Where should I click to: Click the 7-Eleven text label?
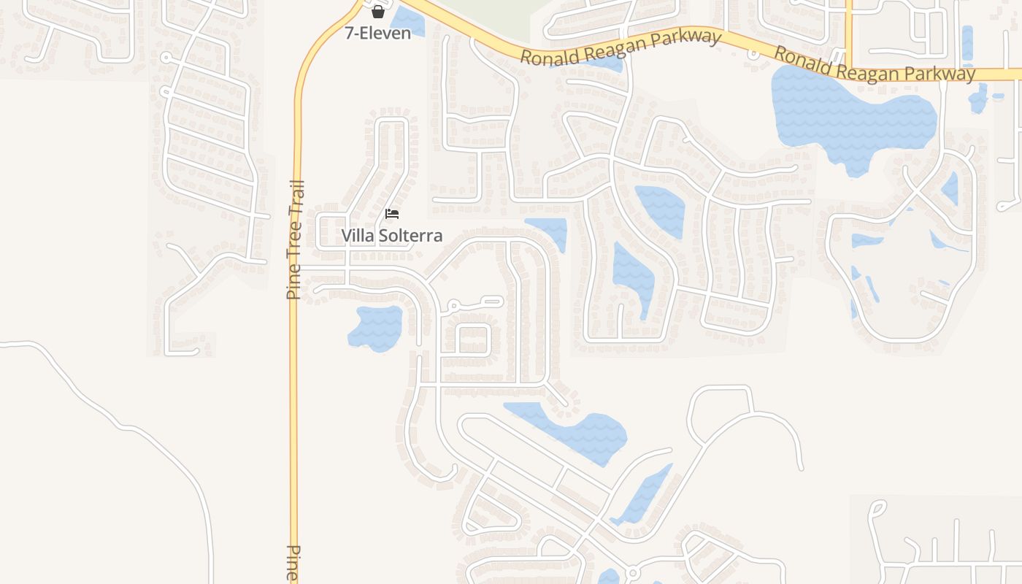[x=377, y=33]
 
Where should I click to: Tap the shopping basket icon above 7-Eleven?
[x=377, y=12]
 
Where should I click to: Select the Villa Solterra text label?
[x=392, y=236]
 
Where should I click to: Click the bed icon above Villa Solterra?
[x=392, y=214]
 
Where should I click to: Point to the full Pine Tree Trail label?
[x=295, y=239]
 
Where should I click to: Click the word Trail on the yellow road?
[x=296, y=199]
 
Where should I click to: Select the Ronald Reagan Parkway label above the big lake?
[x=874, y=65]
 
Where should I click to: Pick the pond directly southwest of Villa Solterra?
[x=376, y=326]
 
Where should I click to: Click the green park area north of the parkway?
[x=496, y=15]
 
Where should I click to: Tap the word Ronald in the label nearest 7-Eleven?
[x=545, y=56]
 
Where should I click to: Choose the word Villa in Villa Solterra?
[x=357, y=236]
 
